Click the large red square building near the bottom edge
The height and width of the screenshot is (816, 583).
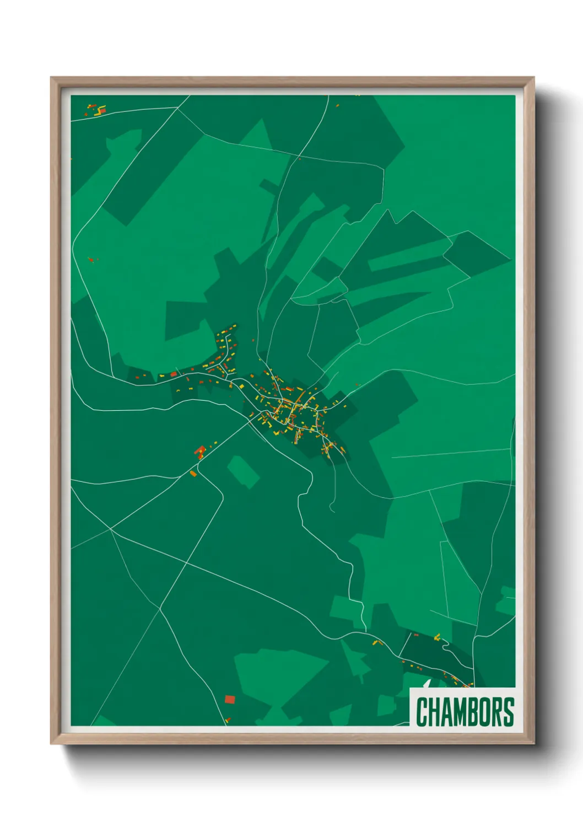pyautogui.click(x=230, y=699)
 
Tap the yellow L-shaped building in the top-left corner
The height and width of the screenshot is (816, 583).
pyautogui.click(x=100, y=111)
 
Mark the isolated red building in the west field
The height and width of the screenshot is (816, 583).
pyautogui.click(x=91, y=259)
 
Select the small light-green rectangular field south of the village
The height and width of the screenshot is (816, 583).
pyautogui.click(x=243, y=472)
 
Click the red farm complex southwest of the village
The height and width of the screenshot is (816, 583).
pyautogui.click(x=199, y=452)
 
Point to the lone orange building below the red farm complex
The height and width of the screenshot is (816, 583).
pyautogui.click(x=193, y=473)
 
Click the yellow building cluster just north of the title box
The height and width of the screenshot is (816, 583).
pyautogui.click(x=437, y=637)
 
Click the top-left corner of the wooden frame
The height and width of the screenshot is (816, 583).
pyautogui.click(x=52, y=78)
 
